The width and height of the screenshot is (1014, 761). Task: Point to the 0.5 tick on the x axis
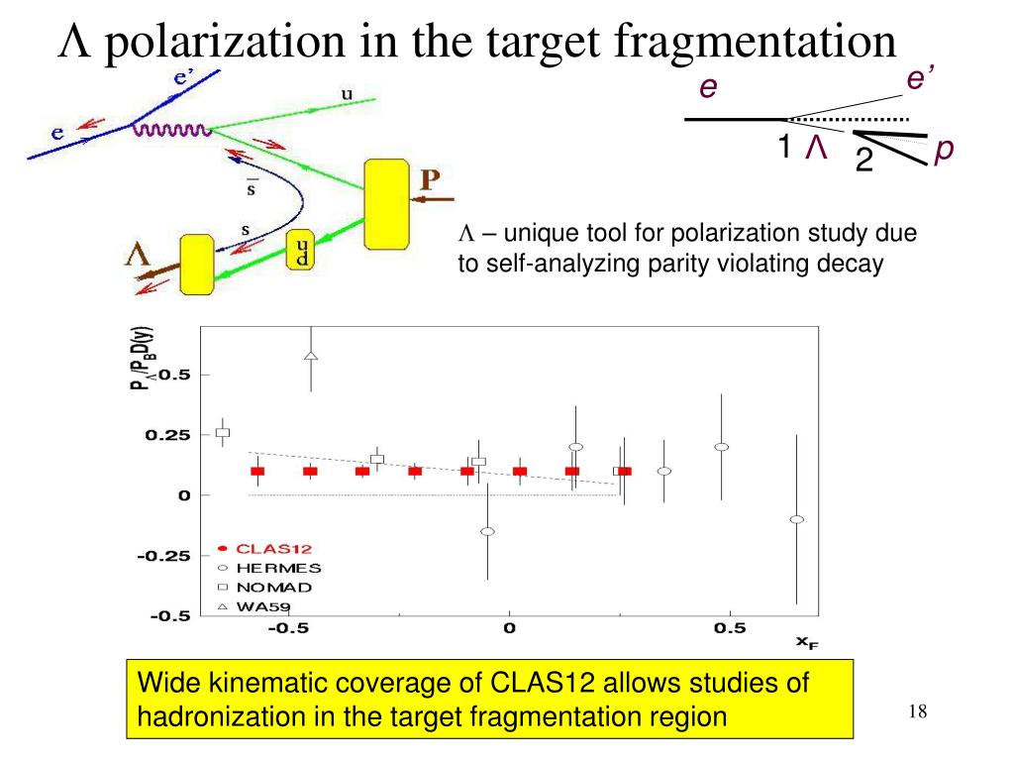[729, 628]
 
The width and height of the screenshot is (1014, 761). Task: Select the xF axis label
[807, 643]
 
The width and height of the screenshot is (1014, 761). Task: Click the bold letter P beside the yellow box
[433, 180]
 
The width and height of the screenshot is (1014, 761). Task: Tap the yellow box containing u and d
[300, 252]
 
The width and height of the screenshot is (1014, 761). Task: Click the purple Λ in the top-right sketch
[816, 149]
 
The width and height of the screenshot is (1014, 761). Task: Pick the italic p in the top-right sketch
[945, 150]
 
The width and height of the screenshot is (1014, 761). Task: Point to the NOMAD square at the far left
[223, 432]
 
